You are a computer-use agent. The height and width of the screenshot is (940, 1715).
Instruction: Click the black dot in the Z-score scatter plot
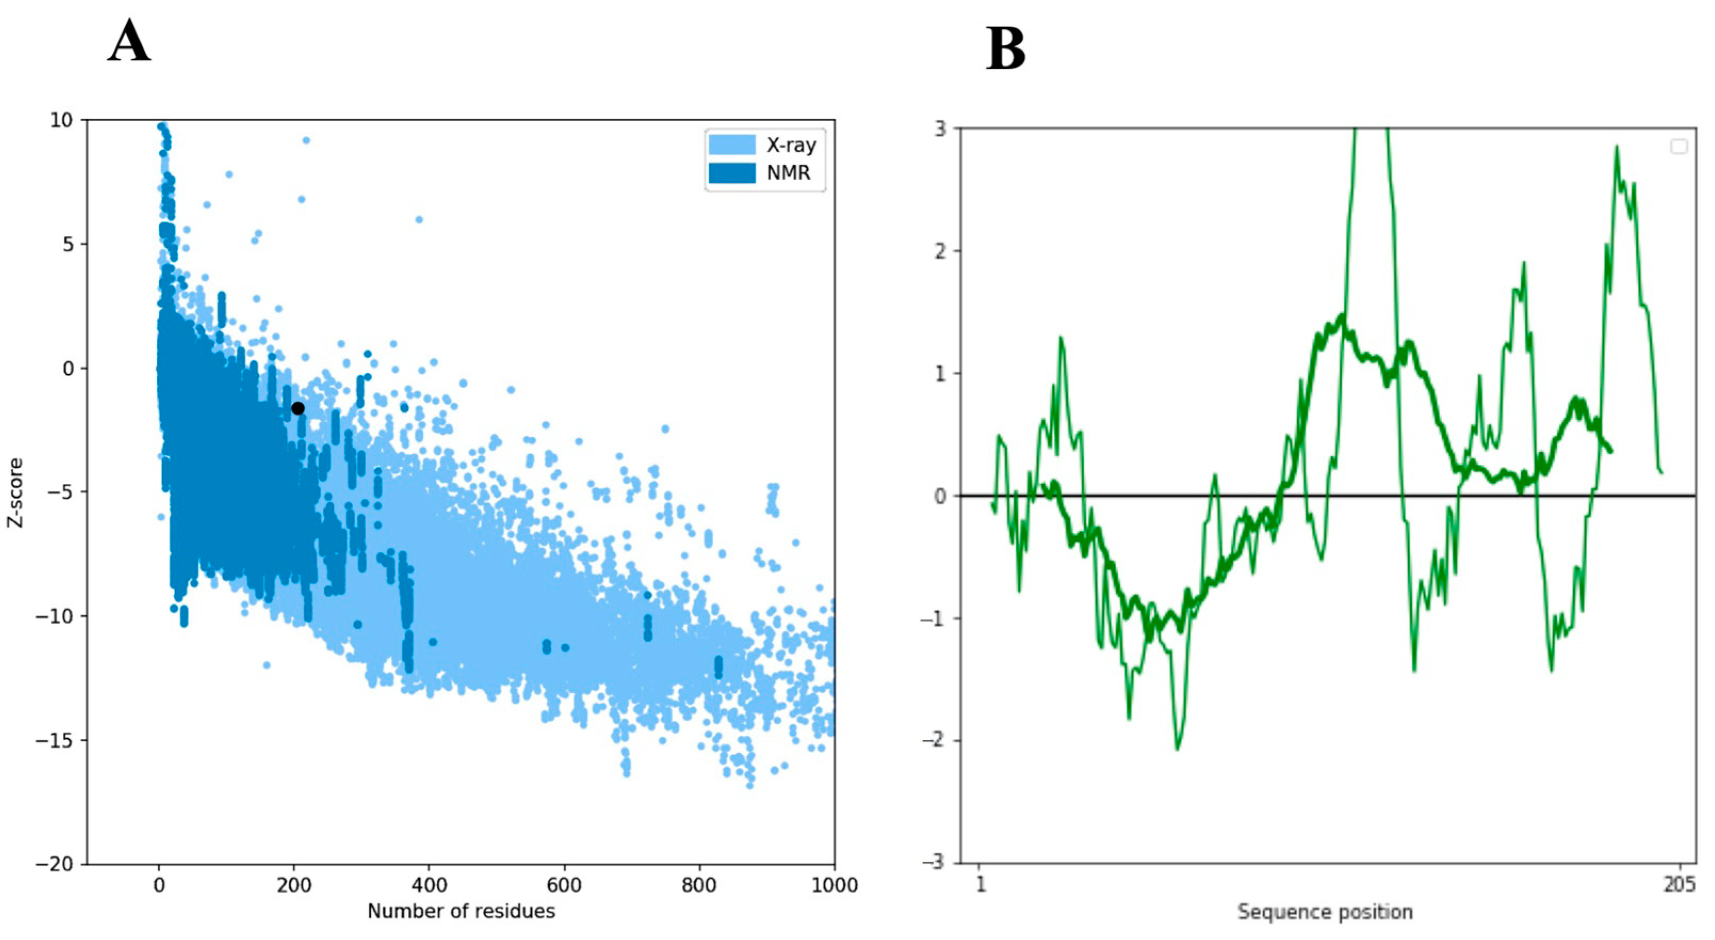pos(298,408)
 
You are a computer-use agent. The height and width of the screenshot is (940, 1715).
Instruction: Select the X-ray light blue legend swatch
pos(731,144)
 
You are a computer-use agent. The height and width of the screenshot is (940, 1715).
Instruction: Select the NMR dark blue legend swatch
pos(731,173)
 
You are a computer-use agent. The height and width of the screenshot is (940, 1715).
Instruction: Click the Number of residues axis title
pos(461,911)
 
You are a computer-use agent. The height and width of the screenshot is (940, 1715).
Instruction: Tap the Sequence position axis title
pos(1325,911)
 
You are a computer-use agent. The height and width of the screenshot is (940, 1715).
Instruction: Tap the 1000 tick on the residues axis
pos(835,886)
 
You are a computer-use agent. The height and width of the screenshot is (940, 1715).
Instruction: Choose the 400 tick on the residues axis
pos(429,886)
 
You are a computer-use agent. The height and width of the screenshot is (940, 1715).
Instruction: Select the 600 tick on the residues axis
pos(565,886)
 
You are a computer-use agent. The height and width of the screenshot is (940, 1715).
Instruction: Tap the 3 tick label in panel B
pos(940,128)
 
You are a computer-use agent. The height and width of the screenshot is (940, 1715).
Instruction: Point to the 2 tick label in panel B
pos(940,252)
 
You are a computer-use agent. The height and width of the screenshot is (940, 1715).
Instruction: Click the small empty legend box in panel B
pos(1679,147)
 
